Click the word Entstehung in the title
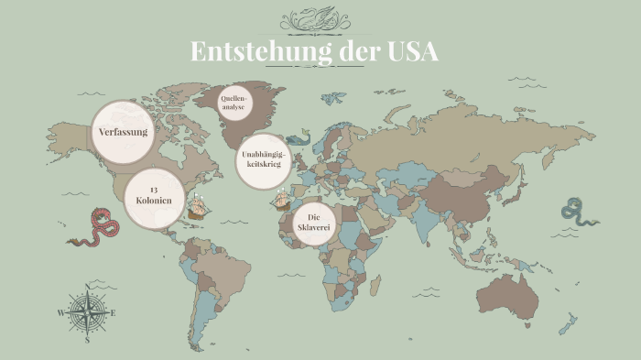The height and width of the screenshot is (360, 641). (260, 51)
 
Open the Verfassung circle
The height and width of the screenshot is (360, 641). (124, 132)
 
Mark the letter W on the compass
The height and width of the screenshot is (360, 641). (61, 313)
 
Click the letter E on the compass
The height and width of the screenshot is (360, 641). (113, 313)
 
